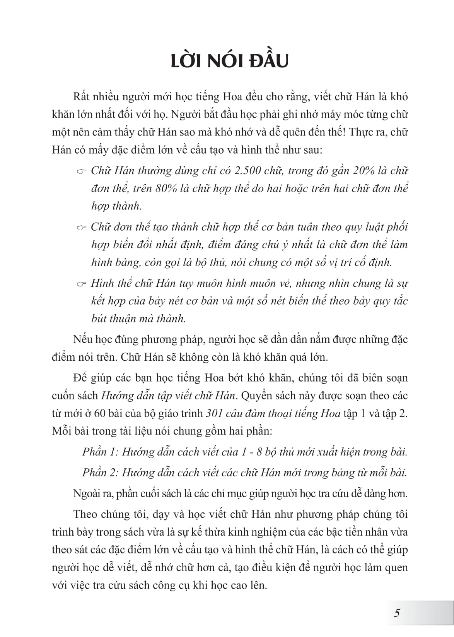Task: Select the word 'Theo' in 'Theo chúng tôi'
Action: click(x=85, y=514)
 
